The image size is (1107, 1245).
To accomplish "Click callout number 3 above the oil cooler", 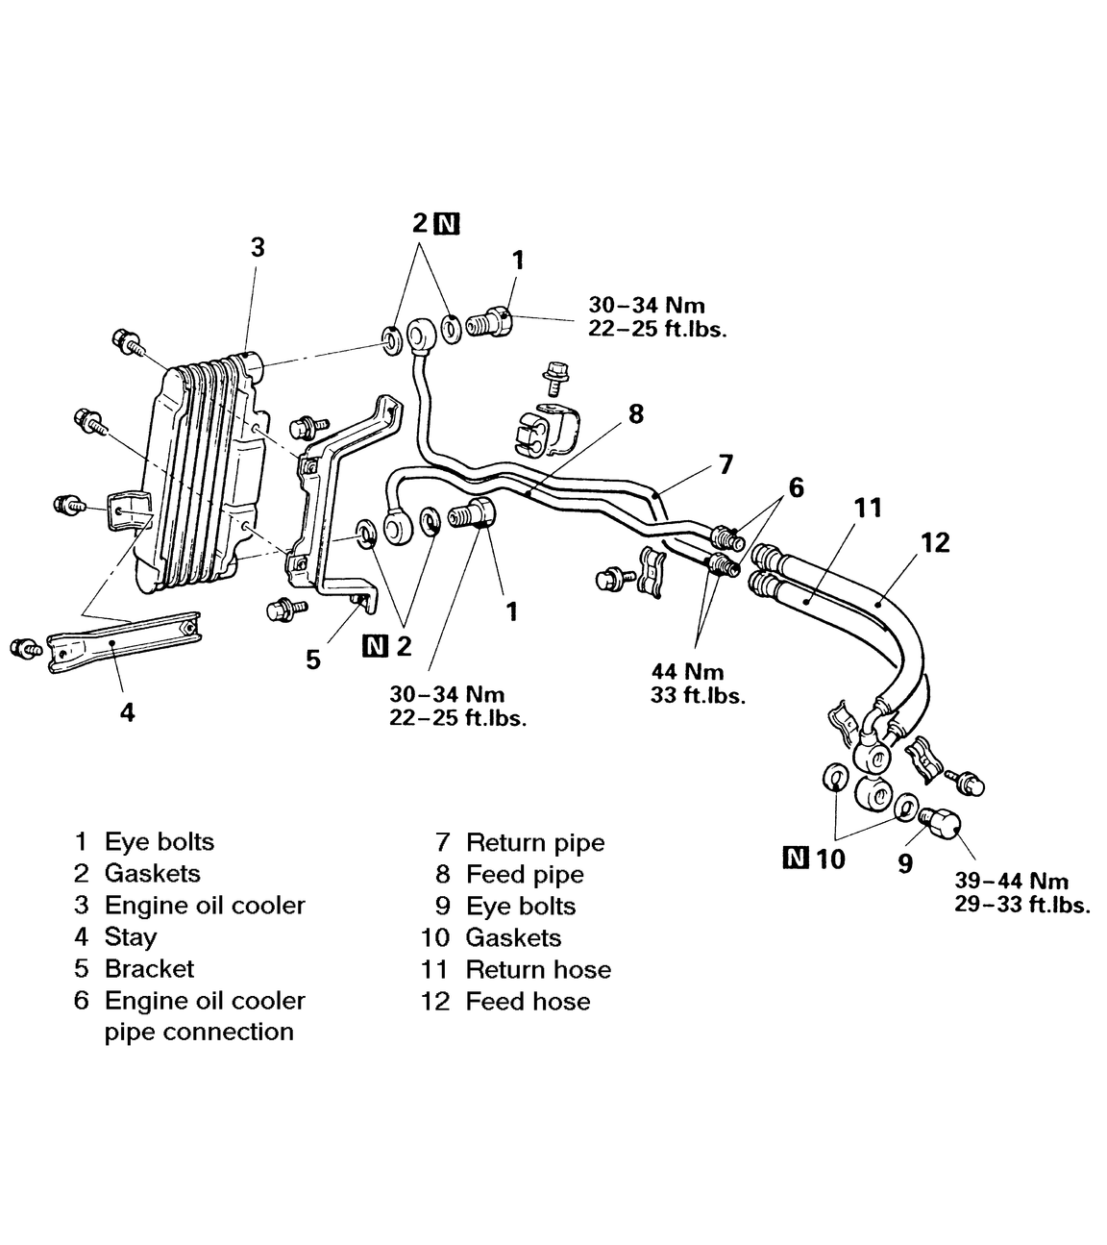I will click(258, 247).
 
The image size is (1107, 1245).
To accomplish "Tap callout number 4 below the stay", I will click(127, 712).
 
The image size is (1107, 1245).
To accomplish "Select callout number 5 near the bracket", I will click(313, 660).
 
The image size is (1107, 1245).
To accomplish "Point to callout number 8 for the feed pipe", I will click(635, 414).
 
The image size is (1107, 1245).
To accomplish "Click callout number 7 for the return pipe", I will click(726, 464).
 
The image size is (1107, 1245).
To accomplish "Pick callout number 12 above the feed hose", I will click(934, 542).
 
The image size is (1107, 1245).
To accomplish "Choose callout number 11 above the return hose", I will click(868, 508).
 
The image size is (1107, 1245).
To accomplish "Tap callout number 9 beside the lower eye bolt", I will click(905, 863).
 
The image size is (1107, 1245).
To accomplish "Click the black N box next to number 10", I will click(797, 858).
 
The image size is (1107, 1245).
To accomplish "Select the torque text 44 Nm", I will click(687, 672).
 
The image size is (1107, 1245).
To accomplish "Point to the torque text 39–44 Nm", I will click(1011, 882).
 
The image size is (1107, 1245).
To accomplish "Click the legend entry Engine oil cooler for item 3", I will click(204, 906).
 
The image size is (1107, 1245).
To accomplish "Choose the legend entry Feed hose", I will click(528, 1002).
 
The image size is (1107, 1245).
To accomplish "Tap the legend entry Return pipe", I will click(535, 843).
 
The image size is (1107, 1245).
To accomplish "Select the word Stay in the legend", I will click(131, 937).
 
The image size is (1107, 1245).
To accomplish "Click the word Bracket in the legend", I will click(149, 969).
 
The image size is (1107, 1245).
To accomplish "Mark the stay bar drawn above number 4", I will click(125, 639).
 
